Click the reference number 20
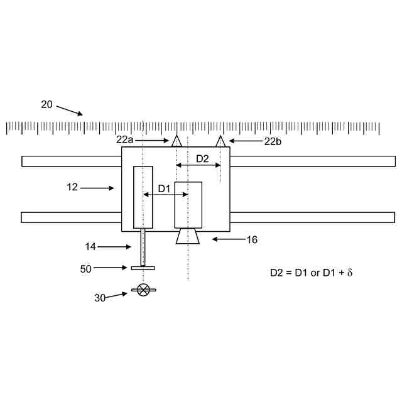46,105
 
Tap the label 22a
124,139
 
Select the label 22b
273,141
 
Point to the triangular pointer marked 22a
177,141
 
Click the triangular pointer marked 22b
220,141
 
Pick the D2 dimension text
202,159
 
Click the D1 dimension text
164,189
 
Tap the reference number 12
72,187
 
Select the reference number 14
90,247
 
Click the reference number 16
252,240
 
